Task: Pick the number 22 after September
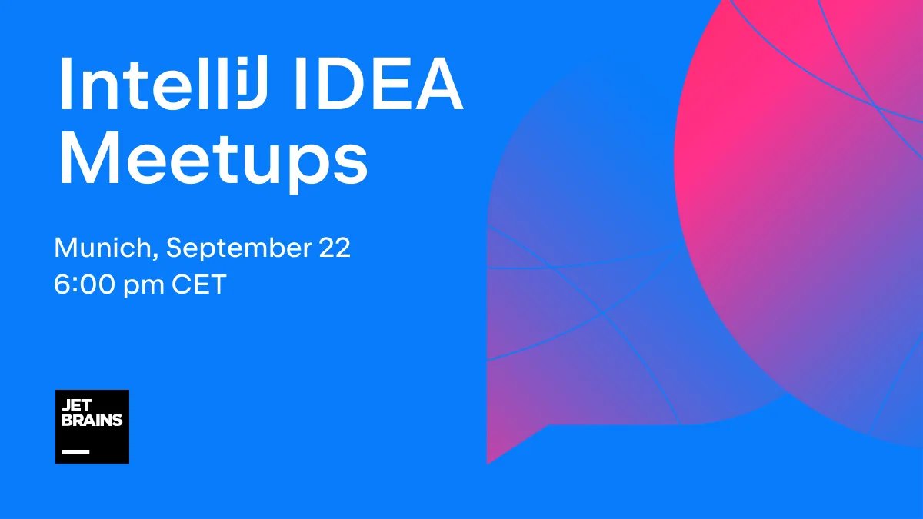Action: tap(333, 248)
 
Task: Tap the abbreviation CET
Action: tap(198, 285)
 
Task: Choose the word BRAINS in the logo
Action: tap(92, 421)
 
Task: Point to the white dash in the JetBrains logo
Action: tap(75, 451)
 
